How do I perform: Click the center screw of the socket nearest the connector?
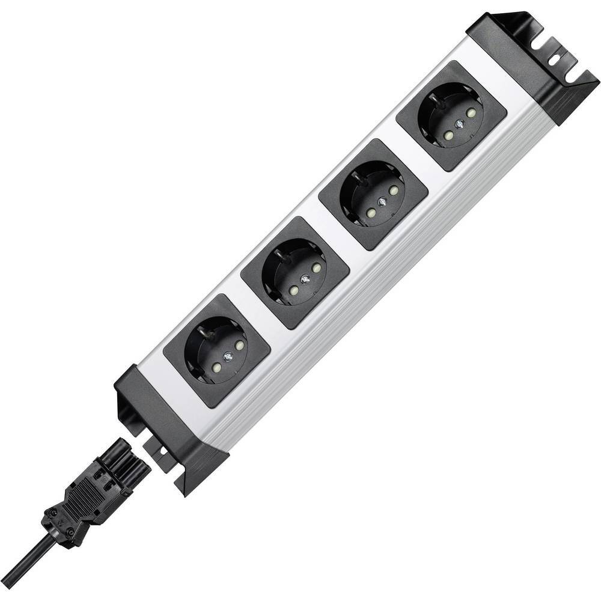(229, 356)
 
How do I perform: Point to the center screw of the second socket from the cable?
(305, 278)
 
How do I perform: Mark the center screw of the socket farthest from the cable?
(459, 123)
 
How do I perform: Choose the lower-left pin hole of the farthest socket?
(450, 136)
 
